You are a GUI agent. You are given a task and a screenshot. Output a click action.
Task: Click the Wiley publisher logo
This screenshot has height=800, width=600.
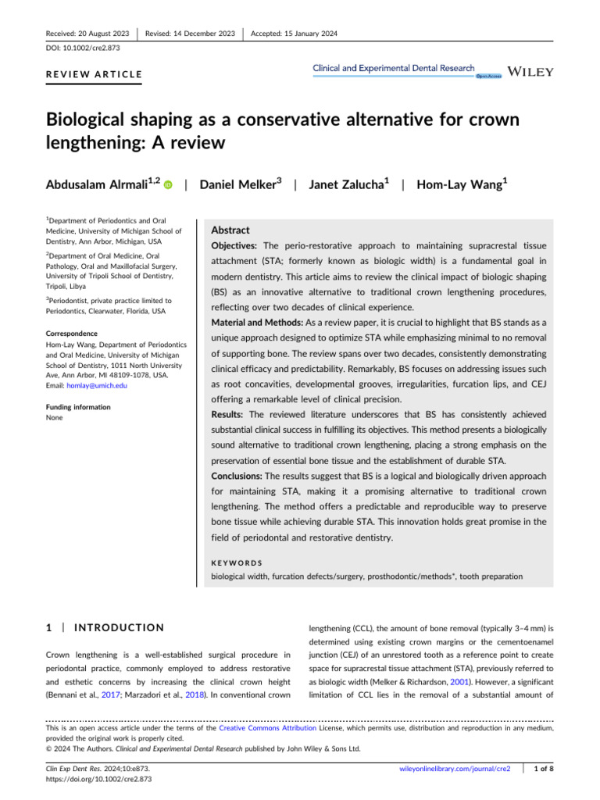530,71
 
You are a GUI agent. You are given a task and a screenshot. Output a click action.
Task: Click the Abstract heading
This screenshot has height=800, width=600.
231,230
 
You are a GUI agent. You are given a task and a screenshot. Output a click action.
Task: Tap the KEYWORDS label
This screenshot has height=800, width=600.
237,562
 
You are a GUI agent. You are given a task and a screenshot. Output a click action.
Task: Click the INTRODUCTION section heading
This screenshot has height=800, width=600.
120,627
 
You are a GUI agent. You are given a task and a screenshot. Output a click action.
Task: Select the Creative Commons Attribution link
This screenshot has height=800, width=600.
266,727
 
